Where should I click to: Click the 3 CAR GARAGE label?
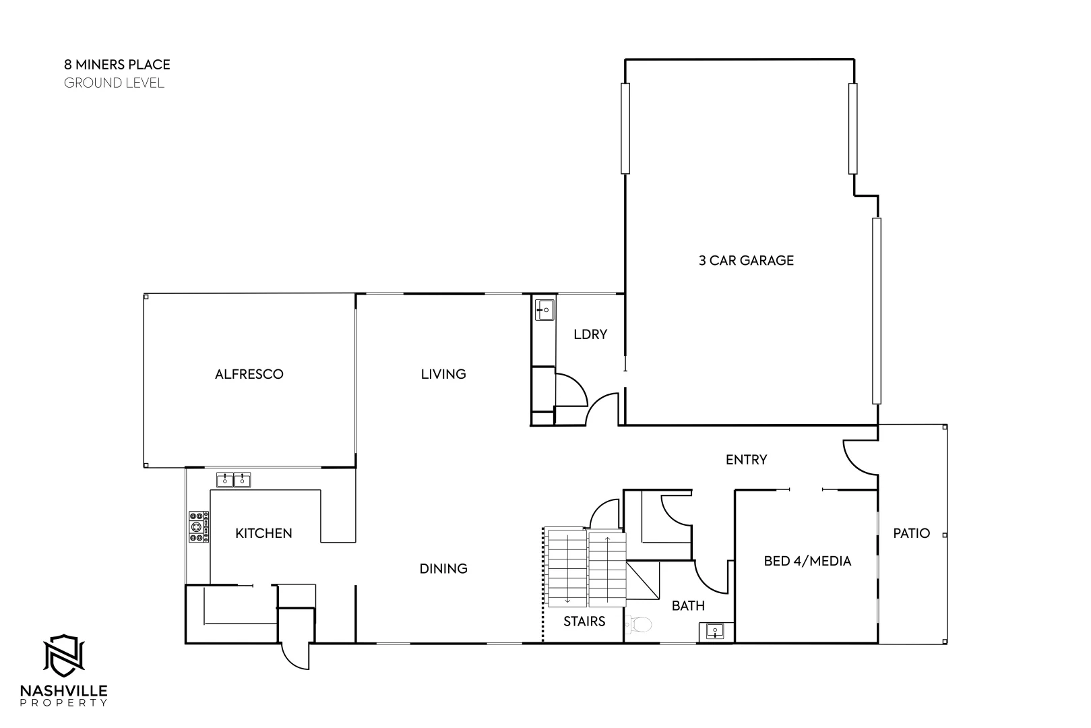(746, 260)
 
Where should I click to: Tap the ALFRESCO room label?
(249, 374)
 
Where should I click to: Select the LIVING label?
(443, 374)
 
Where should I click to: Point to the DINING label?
(443, 569)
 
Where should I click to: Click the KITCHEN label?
(263, 534)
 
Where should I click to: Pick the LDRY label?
(590, 334)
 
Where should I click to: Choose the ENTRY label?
(746, 460)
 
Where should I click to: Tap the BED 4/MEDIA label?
(807, 561)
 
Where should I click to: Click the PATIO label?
(911, 533)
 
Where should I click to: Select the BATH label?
(688, 606)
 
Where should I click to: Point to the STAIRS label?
(584, 621)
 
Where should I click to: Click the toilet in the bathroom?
(639, 626)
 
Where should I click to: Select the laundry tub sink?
(544, 310)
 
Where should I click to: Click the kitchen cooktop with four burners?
(198, 526)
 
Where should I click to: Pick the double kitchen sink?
(233, 480)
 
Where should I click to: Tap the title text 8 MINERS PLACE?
(117, 65)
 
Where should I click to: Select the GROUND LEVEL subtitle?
(114, 83)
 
